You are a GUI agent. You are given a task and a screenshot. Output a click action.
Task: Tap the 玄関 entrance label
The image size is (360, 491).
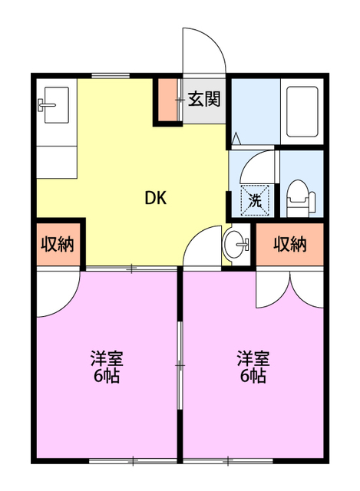pos(205,99)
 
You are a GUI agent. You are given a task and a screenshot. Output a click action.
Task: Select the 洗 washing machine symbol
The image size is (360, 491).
pos(255,201)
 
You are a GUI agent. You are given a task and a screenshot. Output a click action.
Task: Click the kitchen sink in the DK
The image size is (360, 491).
pos(54,104)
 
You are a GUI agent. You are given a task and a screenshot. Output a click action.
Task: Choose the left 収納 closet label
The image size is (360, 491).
pos(57,245)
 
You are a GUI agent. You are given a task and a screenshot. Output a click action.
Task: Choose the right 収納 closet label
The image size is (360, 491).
pos(290,245)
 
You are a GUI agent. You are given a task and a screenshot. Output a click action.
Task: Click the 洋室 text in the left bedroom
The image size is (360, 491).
pos(107,359)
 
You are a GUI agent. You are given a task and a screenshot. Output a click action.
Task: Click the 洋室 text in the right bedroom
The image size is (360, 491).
pos(253,359)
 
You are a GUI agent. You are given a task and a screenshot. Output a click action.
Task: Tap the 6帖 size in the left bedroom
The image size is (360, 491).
pos(107,377)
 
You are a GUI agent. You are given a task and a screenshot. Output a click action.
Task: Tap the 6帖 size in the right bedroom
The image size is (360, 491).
pos(253,377)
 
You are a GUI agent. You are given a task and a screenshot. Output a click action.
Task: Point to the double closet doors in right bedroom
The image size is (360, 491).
pos(291,290)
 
